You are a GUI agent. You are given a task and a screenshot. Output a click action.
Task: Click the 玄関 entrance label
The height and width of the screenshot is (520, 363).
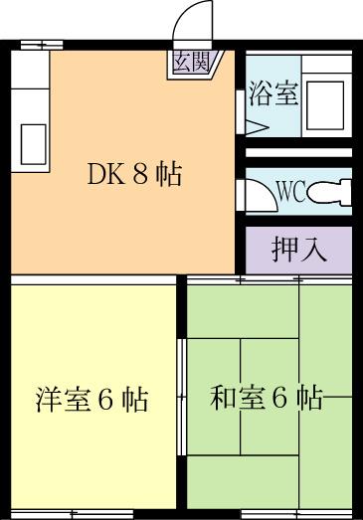tap(191, 63)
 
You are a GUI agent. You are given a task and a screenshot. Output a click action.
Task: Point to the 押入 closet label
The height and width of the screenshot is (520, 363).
tap(298, 249)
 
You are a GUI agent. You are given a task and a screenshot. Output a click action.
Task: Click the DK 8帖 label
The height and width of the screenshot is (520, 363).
tap(133, 175)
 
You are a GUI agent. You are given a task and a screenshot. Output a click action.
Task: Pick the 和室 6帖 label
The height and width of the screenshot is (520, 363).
tap(266, 399)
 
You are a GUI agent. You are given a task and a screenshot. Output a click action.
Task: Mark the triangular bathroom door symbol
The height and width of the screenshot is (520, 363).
tap(255, 127)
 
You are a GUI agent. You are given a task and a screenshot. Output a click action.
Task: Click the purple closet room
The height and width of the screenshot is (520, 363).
tap(298, 249)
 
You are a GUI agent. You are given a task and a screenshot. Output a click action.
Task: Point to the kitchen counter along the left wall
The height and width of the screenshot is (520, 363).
tap(30, 109)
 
